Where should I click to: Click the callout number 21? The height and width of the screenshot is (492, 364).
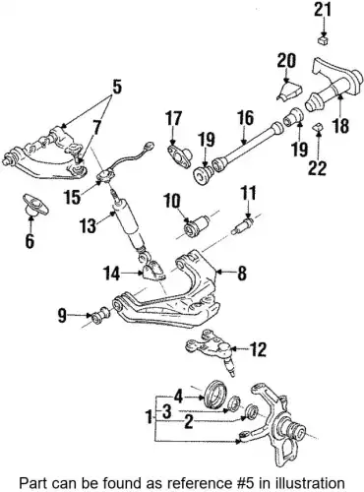click(x=324, y=11)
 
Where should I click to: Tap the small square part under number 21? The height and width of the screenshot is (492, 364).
click(x=323, y=40)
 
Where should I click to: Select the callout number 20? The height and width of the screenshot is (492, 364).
click(x=286, y=61)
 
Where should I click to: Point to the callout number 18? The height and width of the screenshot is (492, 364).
click(x=340, y=125)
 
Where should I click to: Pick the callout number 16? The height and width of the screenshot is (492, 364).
click(x=246, y=119)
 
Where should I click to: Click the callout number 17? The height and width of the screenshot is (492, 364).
click(x=173, y=118)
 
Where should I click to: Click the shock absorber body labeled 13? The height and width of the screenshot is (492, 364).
click(x=128, y=225)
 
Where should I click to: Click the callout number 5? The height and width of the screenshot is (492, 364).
click(x=113, y=87)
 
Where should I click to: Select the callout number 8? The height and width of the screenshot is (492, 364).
click(x=242, y=273)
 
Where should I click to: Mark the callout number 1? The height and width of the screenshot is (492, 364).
click(x=150, y=418)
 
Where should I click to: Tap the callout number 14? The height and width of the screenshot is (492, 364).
click(x=113, y=274)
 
